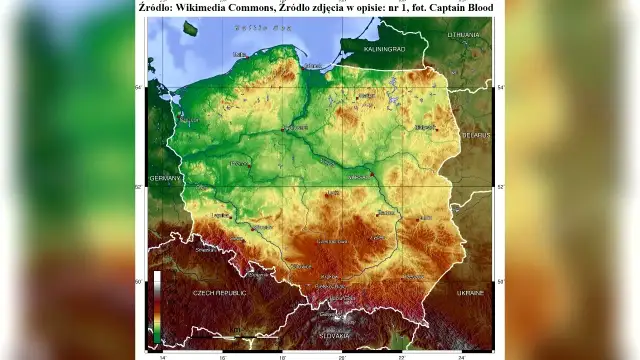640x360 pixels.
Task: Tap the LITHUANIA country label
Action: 464,34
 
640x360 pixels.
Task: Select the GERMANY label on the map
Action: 164,177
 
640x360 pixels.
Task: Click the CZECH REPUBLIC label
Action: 219,293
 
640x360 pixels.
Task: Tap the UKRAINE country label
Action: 470,293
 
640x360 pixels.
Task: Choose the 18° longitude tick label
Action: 283,355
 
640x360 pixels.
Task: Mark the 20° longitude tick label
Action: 341,355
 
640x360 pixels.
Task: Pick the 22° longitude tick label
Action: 402,355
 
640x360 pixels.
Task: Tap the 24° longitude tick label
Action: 461,355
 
